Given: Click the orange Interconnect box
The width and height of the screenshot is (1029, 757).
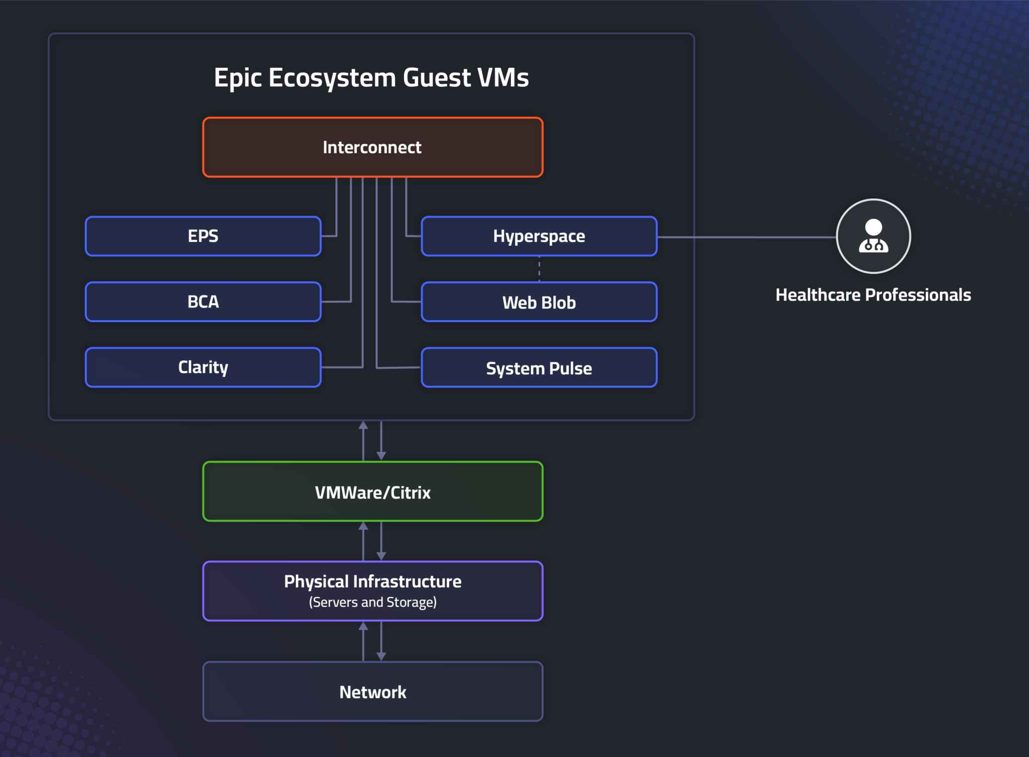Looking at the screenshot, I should tap(372, 147).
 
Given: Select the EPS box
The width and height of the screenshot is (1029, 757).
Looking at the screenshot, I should tap(203, 236).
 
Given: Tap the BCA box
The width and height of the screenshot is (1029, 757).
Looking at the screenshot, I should tap(203, 301).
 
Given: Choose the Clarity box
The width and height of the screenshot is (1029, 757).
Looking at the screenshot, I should tap(203, 367).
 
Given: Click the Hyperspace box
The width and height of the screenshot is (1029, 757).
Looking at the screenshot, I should tap(539, 236).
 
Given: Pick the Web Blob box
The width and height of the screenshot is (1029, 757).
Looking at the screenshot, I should tap(539, 302).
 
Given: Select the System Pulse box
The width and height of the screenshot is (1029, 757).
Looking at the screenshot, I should tap(539, 368).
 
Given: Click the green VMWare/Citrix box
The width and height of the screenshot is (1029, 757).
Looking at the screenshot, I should tap(372, 492).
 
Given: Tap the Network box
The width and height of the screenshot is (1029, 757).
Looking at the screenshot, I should tap(372, 692).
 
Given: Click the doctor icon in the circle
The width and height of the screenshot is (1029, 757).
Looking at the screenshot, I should tap(873, 236).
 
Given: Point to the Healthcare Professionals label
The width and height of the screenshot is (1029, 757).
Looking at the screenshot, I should tap(873, 295).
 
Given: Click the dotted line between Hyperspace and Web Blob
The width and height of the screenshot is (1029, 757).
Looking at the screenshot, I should tap(539, 269).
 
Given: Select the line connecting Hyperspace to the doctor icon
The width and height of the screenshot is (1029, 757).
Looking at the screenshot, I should tap(746, 237).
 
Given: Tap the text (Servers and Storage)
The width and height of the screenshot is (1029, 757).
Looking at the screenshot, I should tap(372, 602).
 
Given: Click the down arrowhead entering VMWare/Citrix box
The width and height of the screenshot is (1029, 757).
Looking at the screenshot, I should tap(381, 456).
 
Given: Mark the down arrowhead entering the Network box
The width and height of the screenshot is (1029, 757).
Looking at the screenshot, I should tap(381, 656).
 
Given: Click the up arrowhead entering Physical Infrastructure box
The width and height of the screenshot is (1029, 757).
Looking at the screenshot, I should tap(363, 626).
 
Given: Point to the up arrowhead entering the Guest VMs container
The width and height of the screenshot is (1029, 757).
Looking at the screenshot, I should tap(363, 425).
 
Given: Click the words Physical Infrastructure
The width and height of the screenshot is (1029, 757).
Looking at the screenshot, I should tap(372, 581).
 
